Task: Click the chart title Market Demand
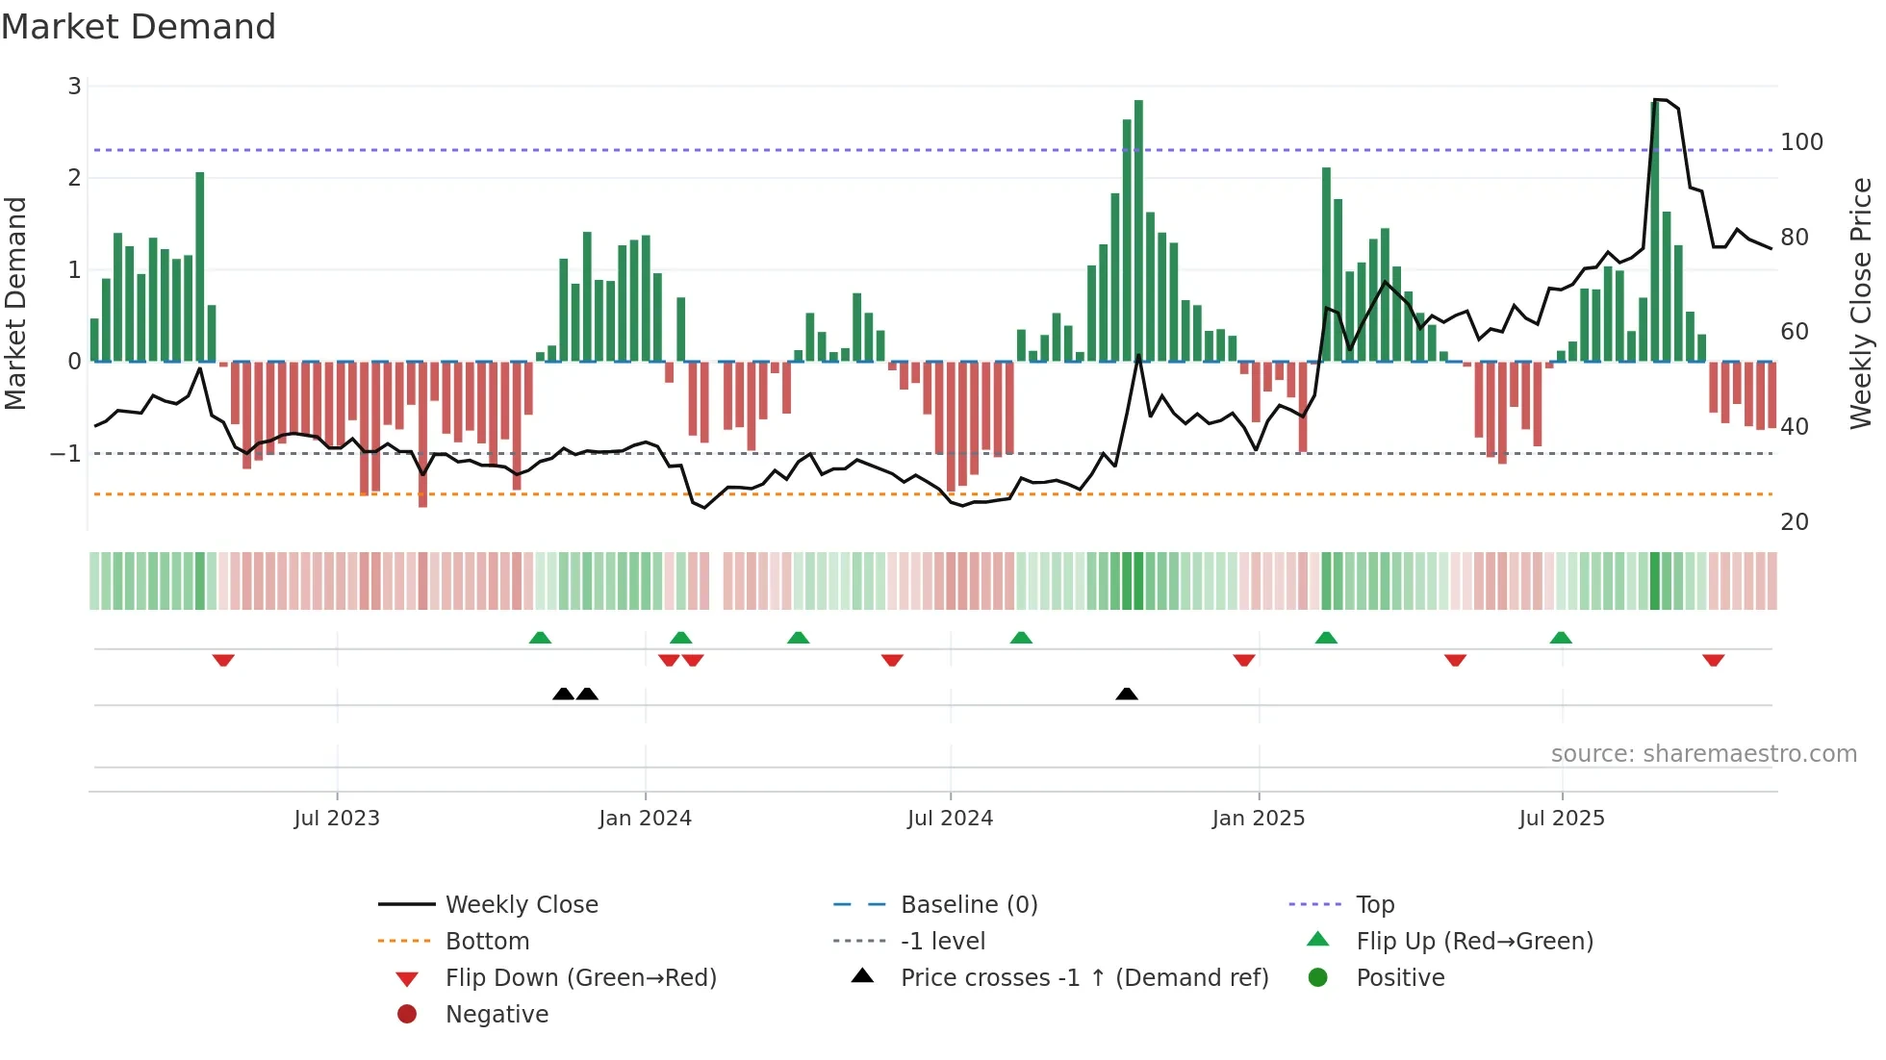[139, 27]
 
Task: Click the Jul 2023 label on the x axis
[337, 819]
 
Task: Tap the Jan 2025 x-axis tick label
[1258, 819]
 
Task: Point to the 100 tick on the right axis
[1801, 142]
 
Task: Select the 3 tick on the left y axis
[74, 87]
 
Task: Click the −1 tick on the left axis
[65, 453]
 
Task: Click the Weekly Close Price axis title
[1861, 303]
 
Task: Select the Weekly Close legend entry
[521, 905]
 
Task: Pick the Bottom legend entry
[487, 942]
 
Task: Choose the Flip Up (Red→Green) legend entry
[1474, 942]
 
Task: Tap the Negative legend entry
[497, 1015]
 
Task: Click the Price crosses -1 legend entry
[1083, 978]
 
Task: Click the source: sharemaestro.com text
[1703, 754]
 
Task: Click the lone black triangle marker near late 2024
[1127, 694]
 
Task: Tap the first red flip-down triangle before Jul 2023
[223, 660]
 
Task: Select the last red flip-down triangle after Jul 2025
[1713, 660]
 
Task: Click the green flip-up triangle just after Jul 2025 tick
[1561, 638]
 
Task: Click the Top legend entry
[1375, 905]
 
